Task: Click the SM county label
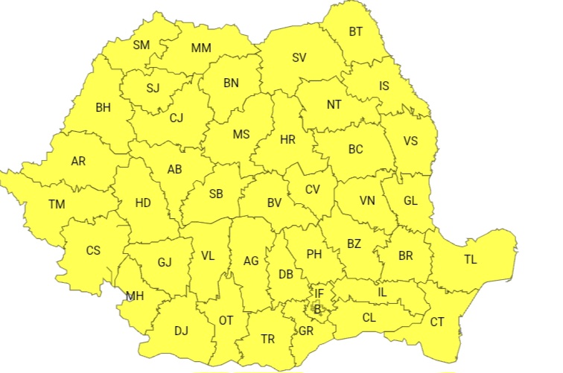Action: [141, 45]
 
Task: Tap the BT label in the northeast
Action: [357, 31]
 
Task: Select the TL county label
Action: [470, 260]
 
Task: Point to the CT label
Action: [437, 322]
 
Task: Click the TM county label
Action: [57, 204]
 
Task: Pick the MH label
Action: [135, 296]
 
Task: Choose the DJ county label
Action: [181, 330]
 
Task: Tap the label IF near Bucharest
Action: [319, 294]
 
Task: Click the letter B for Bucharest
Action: [317, 308]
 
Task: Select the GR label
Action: [306, 330]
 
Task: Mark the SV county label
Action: [299, 57]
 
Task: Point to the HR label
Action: [287, 140]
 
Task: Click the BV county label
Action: [274, 202]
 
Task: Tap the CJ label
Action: [176, 118]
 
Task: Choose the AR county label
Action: [78, 161]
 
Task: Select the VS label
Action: [410, 141]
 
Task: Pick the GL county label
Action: [411, 200]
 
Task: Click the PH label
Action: [314, 254]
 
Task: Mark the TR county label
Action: [268, 339]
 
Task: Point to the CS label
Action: [93, 250]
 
